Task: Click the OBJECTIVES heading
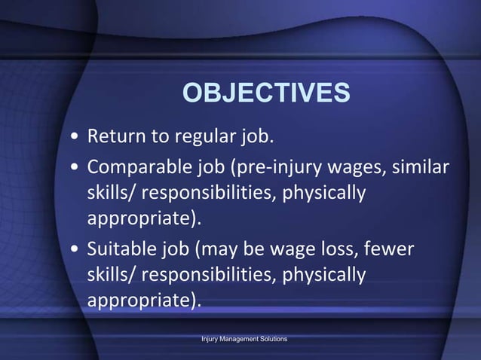(266, 93)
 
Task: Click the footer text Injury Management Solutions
(244, 340)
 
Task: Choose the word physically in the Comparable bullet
(324, 193)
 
